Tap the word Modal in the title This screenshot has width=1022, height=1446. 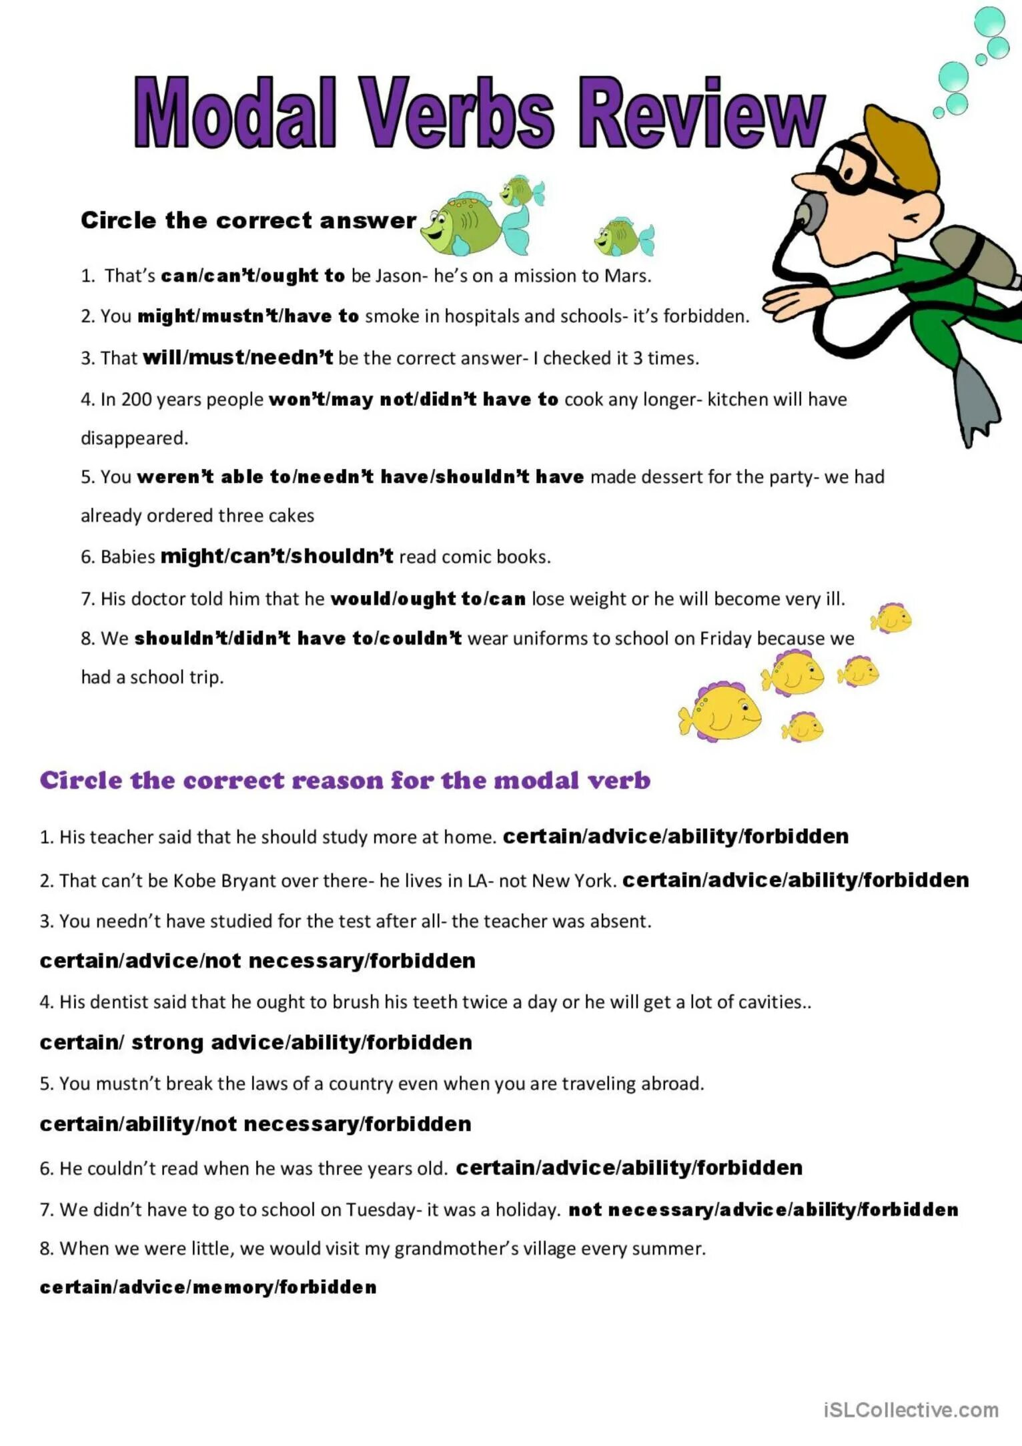(x=235, y=113)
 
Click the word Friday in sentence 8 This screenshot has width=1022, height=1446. (x=725, y=639)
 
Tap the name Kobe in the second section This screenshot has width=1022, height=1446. (x=191, y=881)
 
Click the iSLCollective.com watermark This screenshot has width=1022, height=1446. (x=911, y=1410)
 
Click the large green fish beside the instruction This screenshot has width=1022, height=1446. (x=467, y=224)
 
